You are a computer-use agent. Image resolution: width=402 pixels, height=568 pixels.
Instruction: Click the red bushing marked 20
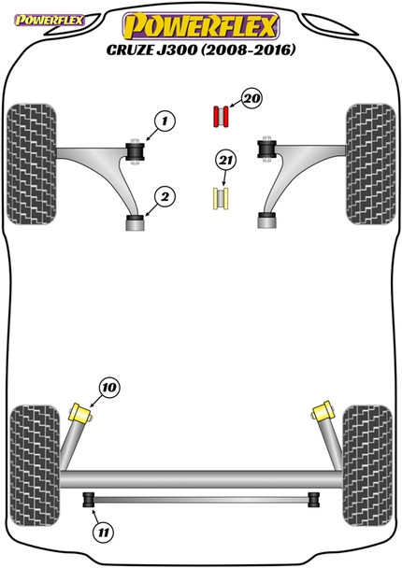pyautogui.click(x=221, y=117)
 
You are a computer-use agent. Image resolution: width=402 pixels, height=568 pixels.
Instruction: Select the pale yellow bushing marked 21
pyautogui.click(x=221, y=198)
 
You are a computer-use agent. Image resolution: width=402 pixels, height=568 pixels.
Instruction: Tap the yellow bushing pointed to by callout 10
pyautogui.click(x=80, y=414)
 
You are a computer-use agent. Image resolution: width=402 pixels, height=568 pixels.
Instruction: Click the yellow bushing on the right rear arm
pyautogui.click(x=323, y=411)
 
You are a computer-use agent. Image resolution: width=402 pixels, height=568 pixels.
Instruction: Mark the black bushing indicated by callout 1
pyautogui.click(x=135, y=151)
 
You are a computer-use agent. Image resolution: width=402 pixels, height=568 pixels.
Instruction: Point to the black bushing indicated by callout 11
pyautogui.click(x=88, y=500)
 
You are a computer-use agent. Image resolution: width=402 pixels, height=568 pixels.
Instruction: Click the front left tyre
pyautogui.click(x=32, y=164)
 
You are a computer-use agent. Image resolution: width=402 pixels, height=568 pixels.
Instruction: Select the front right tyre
pyautogui.click(x=370, y=164)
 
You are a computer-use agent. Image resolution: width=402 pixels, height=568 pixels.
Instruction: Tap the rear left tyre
pyautogui.click(x=35, y=465)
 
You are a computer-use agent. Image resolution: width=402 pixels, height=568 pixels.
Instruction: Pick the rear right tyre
pyautogui.click(x=367, y=465)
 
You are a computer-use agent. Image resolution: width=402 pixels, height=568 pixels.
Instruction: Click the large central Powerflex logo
pyautogui.click(x=201, y=26)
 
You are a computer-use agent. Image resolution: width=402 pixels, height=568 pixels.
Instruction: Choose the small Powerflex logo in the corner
pyautogui.click(x=49, y=21)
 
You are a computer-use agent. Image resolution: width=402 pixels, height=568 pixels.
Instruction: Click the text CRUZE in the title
pyautogui.click(x=129, y=50)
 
